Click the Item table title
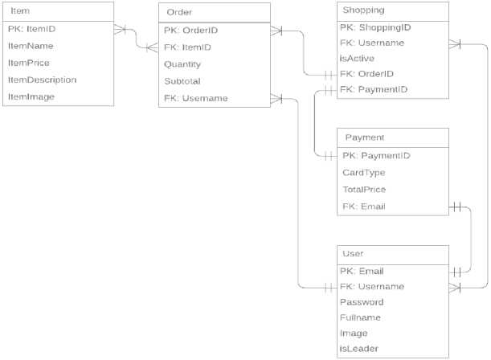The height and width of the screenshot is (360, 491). [x=21, y=12]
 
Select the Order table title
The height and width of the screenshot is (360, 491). [x=179, y=12]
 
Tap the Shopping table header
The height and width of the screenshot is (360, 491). [x=363, y=11]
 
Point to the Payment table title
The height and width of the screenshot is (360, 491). [x=364, y=137]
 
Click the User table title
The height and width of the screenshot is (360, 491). [x=353, y=254]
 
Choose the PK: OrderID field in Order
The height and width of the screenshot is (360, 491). [x=190, y=31]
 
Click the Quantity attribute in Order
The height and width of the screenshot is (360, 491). [x=182, y=64]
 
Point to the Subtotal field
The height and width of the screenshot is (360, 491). [x=182, y=81]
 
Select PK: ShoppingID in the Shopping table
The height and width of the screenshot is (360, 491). [x=375, y=27]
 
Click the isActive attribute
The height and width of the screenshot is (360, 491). [x=357, y=58]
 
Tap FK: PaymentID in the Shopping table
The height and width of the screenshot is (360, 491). [x=375, y=89]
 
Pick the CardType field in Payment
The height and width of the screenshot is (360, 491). [x=364, y=172]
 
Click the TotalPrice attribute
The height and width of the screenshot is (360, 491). [x=364, y=189]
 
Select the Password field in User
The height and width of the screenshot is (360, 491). [x=362, y=302]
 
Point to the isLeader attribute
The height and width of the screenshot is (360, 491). [x=359, y=349]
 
